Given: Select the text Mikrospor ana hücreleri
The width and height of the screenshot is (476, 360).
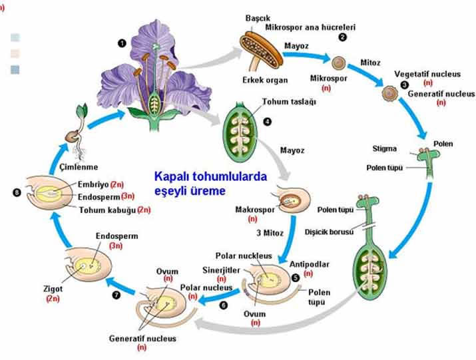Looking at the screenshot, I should click(310, 27).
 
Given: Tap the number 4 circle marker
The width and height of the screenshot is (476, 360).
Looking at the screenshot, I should click(267, 122).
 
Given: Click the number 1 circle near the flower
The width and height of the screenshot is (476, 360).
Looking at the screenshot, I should click(122, 43).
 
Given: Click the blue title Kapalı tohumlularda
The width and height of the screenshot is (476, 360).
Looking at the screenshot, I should click(210, 177).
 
